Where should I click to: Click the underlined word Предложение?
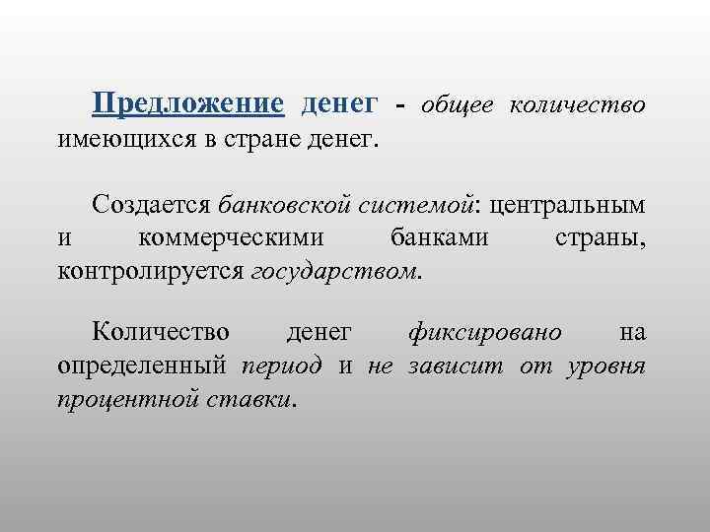187,103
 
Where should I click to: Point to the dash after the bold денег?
399,105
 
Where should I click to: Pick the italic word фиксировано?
485,333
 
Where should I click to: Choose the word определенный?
142,366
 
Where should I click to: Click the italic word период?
281,366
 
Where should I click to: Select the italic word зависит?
447,366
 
